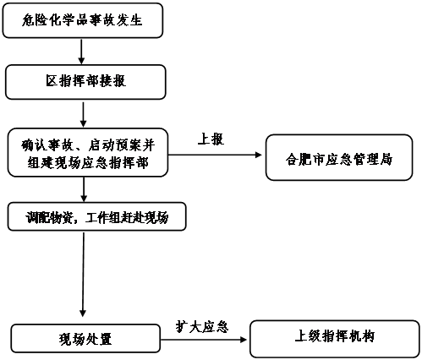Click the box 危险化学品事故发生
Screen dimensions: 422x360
click(x=83, y=20)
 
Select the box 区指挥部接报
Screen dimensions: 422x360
click(x=85, y=82)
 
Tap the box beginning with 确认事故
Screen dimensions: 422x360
click(x=88, y=152)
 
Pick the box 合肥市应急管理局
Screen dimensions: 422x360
click(x=339, y=157)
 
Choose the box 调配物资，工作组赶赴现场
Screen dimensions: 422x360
click(x=96, y=216)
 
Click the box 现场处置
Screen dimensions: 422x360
click(x=85, y=338)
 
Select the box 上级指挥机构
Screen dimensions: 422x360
click(x=335, y=339)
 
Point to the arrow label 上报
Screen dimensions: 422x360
click(x=211, y=139)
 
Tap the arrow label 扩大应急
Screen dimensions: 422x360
click(x=202, y=327)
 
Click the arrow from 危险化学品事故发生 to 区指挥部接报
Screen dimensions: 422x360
click(x=81, y=52)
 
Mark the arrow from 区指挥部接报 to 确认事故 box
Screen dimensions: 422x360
click(x=83, y=115)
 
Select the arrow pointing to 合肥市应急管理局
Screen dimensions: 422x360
click(x=215, y=155)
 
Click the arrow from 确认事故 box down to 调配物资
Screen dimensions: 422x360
click(x=84, y=189)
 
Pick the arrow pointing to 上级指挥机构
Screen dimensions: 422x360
click(x=204, y=340)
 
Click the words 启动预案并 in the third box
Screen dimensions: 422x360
click(x=122, y=145)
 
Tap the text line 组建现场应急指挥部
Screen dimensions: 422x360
click(x=88, y=162)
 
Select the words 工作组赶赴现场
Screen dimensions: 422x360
click(x=127, y=217)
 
